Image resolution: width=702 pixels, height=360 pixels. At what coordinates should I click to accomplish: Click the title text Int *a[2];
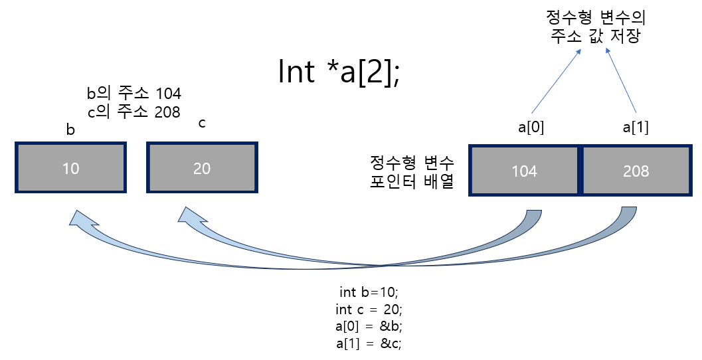(338, 72)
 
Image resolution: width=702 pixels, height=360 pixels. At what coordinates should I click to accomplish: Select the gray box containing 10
(70, 168)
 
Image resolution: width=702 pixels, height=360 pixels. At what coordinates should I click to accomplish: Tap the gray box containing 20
(201, 168)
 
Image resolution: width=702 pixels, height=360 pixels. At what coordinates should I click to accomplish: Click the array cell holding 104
(524, 171)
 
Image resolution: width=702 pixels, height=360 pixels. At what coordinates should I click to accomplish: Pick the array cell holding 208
(636, 171)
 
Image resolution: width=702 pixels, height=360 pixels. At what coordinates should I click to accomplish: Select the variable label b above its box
(70, 130)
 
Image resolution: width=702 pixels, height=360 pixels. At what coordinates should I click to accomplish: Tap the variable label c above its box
(202, 124)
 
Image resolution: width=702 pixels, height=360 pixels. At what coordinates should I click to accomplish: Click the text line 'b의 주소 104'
(134, 94)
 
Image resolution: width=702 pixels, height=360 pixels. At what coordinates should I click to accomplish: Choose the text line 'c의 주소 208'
(134, 112)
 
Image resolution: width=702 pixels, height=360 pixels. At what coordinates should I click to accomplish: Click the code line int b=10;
(369, 292)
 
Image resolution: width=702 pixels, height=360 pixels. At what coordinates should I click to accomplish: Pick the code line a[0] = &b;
(369, 326)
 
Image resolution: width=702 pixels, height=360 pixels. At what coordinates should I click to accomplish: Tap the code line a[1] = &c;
(369, 343)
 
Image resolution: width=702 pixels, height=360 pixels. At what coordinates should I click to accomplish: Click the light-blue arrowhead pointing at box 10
(76, 220)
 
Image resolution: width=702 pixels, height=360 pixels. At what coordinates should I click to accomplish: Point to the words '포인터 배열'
(411, 181)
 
